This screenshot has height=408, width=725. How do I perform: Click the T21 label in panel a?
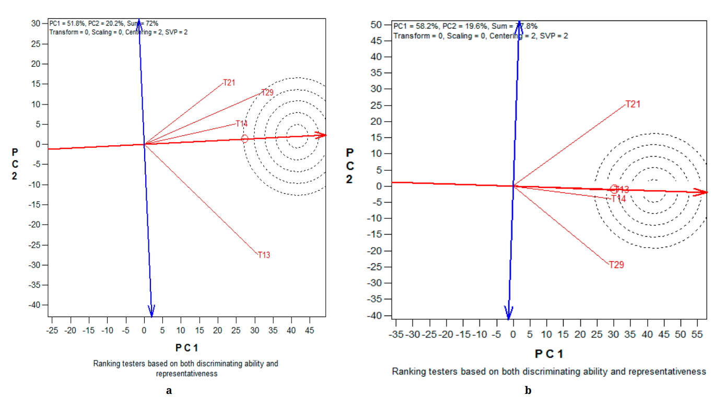click(229, 83)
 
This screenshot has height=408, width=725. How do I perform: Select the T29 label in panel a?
click(267, 92)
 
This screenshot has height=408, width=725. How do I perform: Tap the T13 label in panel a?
click(264, 255)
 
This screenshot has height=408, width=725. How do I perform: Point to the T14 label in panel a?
click(241, 124)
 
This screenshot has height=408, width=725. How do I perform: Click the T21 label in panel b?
click(633, 104)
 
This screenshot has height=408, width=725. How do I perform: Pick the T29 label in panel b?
click(616, 265)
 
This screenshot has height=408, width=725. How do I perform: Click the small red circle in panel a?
click(244, 138)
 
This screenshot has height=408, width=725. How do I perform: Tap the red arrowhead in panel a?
click(322, 135)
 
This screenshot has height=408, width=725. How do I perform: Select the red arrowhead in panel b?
click(703, 192)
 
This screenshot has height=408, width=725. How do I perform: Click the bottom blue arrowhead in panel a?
click(151, 311)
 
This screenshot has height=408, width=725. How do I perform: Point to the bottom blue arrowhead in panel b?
click(508, 312)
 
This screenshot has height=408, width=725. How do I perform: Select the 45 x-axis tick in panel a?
click(310, 330)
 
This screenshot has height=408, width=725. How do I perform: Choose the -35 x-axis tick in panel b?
click(396, 334)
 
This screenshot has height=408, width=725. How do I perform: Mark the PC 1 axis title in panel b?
click(549, 354)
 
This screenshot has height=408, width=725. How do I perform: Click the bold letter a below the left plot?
click(169, 390)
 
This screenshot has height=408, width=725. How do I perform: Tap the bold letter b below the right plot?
click(528, 390)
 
